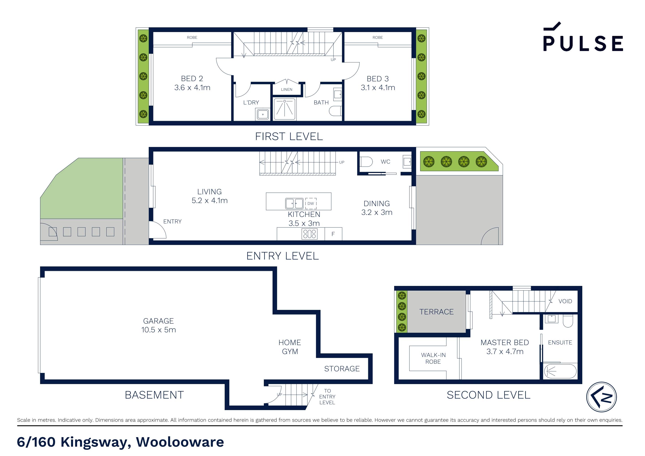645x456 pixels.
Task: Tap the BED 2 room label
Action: tap(192, 78)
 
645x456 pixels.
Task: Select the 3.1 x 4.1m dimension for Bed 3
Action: tap(378, 88)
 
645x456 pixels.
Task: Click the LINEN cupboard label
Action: tap(286, 89)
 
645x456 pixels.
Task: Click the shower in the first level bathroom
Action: tap(285, 109)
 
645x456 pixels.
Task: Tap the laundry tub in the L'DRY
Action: tap(263, 115)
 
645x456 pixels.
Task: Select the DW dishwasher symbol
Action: tap(311, 203)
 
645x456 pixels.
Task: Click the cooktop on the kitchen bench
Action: tap(309, 234)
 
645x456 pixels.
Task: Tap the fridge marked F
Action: tap(333, 234)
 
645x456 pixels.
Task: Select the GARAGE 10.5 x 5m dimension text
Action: tap(158, 330)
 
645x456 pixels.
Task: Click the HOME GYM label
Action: tap(290, 347)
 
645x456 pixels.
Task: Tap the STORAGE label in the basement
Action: tap(342, 369)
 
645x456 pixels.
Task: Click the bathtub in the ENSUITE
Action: tap(560, 372)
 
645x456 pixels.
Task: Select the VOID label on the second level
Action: tap(565, 301)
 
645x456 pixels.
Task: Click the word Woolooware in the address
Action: tap(180, 442)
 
